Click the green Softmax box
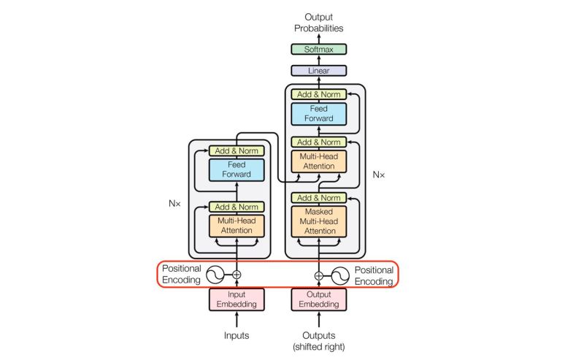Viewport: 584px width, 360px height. (x=318, y=50)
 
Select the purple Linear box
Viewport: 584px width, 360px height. (x=318, y=71)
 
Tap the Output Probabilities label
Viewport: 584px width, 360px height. (x=318, y=22)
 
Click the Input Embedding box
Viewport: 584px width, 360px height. (x=237, y=299)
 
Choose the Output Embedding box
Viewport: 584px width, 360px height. (x=318, y=299)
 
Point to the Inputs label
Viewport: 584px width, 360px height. (x=237, y=336)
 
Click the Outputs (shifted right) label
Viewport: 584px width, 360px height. (x=318, y=340)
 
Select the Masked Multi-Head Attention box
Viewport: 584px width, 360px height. (x=318, y=221)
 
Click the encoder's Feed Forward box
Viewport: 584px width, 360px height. (x=237, y=169)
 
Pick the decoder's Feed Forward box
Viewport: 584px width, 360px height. (x=318, y=113)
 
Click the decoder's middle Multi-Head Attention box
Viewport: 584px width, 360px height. (x=318, y=161)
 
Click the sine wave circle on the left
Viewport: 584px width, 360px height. (x=215, y=275)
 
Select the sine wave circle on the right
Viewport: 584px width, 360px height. (x=340, y=275)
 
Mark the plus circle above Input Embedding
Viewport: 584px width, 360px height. (x=237, y=275)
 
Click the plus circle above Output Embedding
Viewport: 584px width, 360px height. (x=318, y=275)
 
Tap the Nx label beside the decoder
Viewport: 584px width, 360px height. (x=378, y=175)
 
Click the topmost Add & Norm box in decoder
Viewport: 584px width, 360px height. (x=318, y=94)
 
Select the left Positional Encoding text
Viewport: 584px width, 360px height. (x=181, y=275)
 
